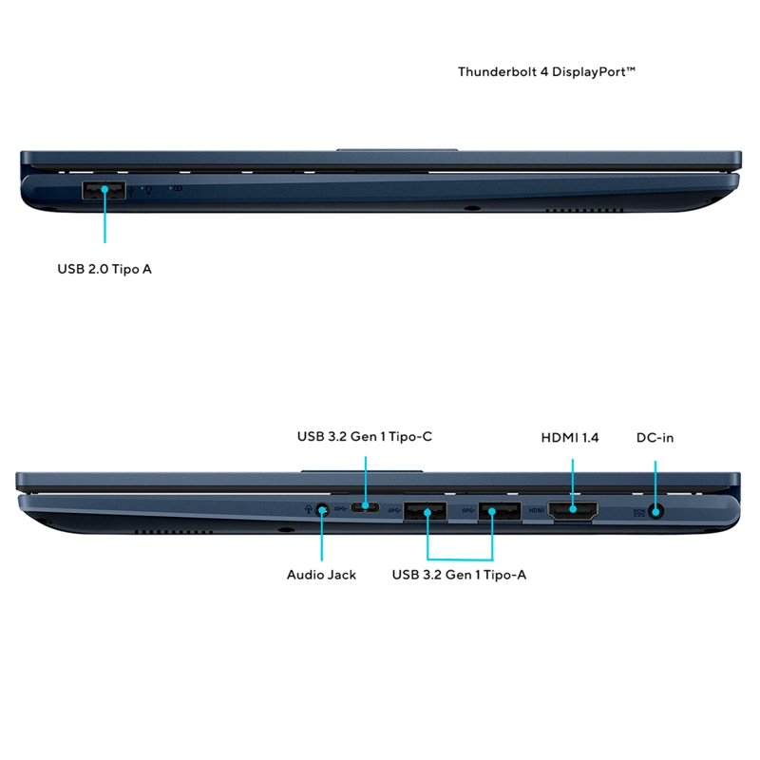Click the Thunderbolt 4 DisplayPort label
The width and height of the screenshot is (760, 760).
pyautogui.click(x=546, y=72)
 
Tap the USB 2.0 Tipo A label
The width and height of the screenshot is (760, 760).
pyautogui.click(x=104, y=269)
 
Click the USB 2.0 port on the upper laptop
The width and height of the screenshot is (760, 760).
pyautogui.click(x=104, y=190)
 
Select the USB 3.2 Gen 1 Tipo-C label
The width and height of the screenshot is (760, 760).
pyautogui.click(x=365, y=437)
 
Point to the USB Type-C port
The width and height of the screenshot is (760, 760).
pyautogui.click(x=365, y=507)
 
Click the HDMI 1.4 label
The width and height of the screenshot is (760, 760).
pyautogui.click(x=570, y=438)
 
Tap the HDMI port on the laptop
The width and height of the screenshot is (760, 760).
pyautogui.click(x=573, y=511)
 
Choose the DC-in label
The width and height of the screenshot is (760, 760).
pyautogui.click(x=655, y=438)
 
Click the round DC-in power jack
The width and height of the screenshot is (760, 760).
pyautogui.click(x=656, y=512)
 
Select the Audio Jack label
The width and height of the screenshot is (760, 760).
pyautogui.click(x=321, y=575)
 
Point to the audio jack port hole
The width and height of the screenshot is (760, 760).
pyautogui.click(x=322, y=510)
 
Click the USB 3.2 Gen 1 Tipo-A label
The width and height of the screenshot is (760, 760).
pyautogui.click(x=459, y=575)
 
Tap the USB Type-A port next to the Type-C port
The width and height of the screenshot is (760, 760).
pyautogui.click(x=425, y=511)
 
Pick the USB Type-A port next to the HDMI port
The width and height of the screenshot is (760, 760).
pyautogui.click(x=500, y=511)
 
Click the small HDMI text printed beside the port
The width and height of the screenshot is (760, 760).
pyautogui.click(x=537, y=510)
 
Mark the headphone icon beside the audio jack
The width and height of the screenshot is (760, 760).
pyautogui.click(x=308, y=509)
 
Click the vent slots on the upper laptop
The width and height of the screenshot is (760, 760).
pyautogui.click(x=584, y=210)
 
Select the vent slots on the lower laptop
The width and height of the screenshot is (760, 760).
pyautogui.click(x=174, y=532)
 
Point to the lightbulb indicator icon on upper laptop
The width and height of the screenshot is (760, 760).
pyautogui.click(x=149, y=190)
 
